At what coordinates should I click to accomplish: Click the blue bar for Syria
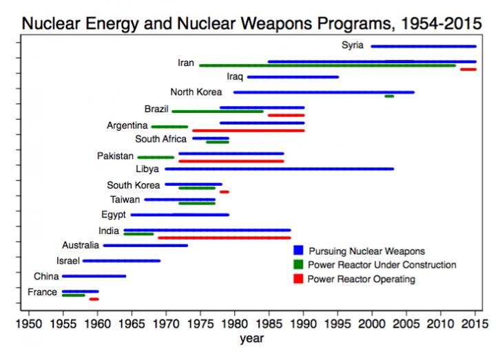(x=423, y=46)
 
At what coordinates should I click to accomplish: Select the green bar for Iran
(x=327, y=65)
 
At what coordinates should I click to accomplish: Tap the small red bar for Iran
(x=468, y=70)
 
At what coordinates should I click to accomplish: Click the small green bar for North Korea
(x=389, y=96)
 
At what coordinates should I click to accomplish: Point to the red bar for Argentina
(x=248, y=130)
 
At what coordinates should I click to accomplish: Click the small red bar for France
(x=94, y=299)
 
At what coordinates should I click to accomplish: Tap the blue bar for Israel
(x=121, y=261)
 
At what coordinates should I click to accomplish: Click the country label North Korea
(x=196, y=92)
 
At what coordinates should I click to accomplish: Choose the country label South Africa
(x=161, y=138)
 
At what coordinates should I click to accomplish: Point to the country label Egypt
(x=113, y=215)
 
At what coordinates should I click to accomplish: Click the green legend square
(x=298, y=264)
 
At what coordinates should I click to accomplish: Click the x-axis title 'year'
(x=251, y=339)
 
